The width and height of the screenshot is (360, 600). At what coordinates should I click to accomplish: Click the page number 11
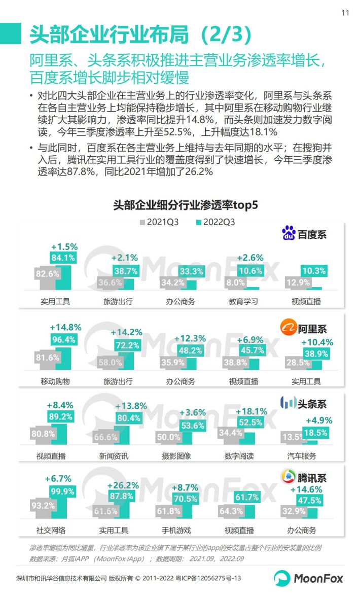pyautogui.click(x=345, y=13)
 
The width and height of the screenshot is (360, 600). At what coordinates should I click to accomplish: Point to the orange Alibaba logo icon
pyautogui.click(x=289, y=328)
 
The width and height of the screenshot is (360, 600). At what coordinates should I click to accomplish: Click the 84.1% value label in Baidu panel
pyautogui.click(x=63, y=258)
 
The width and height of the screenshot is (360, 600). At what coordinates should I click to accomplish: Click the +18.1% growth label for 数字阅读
pyautogui.click(x=251, y=411)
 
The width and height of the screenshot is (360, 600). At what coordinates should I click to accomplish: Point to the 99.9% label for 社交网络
pyautogui.click(x=62, y=491)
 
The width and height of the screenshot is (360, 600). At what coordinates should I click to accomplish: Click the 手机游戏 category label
pyautogui.click(x=176, y=531)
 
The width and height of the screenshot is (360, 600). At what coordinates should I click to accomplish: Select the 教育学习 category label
pyautogui.click(x=243, y=301)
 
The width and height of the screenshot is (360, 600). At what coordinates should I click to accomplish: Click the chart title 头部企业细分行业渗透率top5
pyautogui.click(x=186, y=205)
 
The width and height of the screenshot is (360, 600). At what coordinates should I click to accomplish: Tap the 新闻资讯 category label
pyautogui.click(x=114, y=456)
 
